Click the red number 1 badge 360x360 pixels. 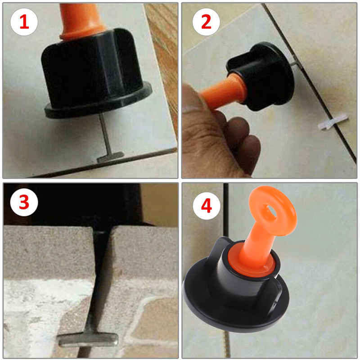[x=24, y=22]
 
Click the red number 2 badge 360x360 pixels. [x=206, y=22]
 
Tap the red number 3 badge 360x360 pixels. [x=24, y=202]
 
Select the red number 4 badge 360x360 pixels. [x=207, y=206]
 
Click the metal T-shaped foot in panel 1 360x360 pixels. [x=110, y=157]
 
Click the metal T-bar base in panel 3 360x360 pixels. [x=88, y=339]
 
